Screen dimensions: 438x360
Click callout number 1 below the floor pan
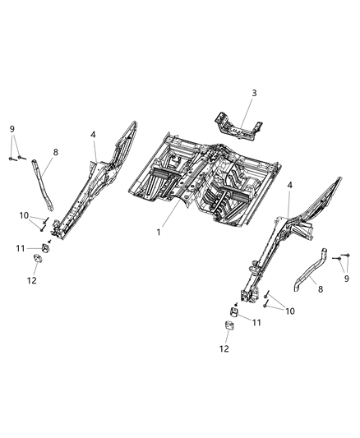point(159,233)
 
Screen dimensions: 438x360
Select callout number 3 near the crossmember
point(253,93)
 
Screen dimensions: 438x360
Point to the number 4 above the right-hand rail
point(289,187)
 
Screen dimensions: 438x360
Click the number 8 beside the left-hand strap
point(56,152)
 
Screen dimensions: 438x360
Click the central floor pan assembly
point(201,177)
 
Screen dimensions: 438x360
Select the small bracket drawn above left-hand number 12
point(37,261)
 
